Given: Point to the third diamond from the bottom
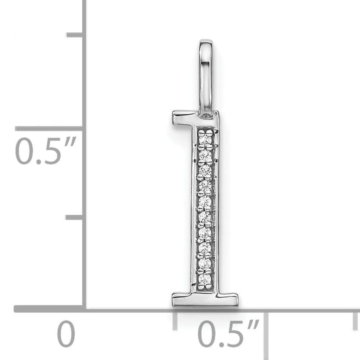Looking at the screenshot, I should [204, 247].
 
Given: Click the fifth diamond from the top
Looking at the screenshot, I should [205, 202].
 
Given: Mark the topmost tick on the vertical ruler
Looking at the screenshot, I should [75, 34].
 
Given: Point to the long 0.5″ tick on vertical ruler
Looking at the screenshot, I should [50, 128].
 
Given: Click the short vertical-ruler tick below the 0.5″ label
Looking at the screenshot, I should [75, 217].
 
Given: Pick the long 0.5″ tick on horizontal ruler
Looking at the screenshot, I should [265, 327].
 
